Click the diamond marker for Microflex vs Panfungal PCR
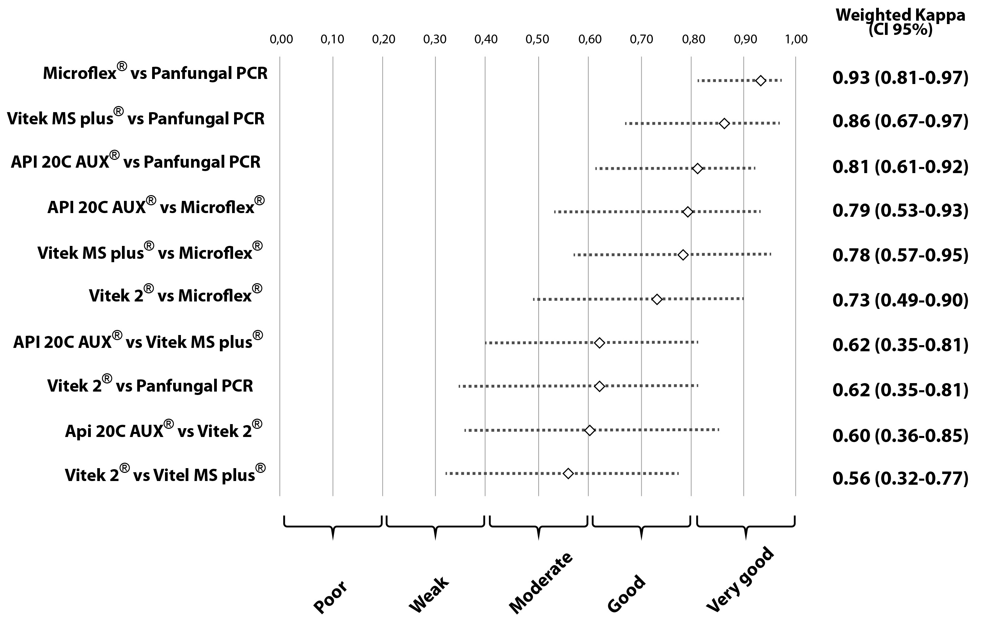(x=761, y=81)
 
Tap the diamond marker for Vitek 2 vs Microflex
(x=657, y=299)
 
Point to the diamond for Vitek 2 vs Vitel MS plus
(x=568, y=474)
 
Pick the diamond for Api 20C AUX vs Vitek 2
(x=590, y=430)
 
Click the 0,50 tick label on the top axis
(x=537, y=40)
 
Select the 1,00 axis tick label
(x=796, y=40)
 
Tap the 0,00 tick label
(x=281, y=40)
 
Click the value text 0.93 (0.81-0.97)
(x=900, y=78)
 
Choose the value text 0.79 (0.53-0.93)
(x=900, y=210)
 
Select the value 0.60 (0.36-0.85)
(x=900, y=435)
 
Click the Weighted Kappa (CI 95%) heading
(x=900, y=22)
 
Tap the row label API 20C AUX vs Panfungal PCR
(x=136, y=162)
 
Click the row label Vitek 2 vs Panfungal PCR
(x=150, y=385)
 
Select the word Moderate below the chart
(x=540, y=582)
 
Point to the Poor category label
(x=330, y=597)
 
